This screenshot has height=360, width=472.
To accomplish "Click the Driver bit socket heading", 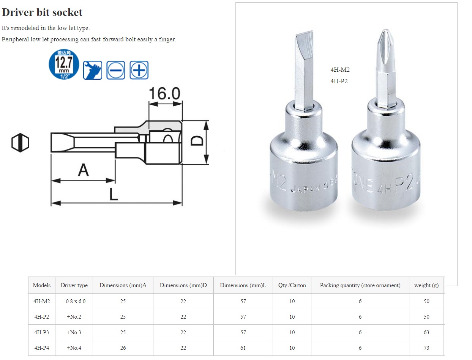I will pyautogui.click(x=42, y=12).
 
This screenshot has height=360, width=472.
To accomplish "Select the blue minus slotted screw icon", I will pyautogui.click(x=115, y=70).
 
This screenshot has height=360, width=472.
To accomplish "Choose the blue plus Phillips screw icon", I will pyautogui.click(x=139, y=70).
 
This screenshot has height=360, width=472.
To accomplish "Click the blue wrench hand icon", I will pyautogui.click(x=93, y=70).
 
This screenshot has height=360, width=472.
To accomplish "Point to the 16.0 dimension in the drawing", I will pyautogui.click(x=164, y=94).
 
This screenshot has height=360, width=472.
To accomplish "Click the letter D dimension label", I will pyautogui.click(x=197, y=141).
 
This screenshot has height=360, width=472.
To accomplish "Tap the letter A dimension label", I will pyautogui.click(x=83, y=170).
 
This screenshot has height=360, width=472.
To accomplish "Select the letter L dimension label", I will pyautogui.click(x=113, y=194).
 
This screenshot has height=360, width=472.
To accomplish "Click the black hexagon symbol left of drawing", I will pyautogui.click(x=20, y=142).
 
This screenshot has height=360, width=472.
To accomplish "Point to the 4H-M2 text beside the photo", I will pyautogui.click(x=340, y=70).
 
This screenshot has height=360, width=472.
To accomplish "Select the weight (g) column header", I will pyautogui.click(x=426, y=285).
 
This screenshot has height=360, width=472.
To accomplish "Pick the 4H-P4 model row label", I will pyautogui.click(x=41, y=348).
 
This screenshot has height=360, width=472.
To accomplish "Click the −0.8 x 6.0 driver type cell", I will pyautogui.click(x=74, y=301).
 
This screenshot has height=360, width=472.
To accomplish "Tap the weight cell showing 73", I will pyautogui.click(x=426, y=348).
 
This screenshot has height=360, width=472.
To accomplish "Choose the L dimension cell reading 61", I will pyautogui.click(x=243, y=348).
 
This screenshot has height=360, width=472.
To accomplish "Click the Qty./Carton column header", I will pyautogui.click(x=292, y=285).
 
